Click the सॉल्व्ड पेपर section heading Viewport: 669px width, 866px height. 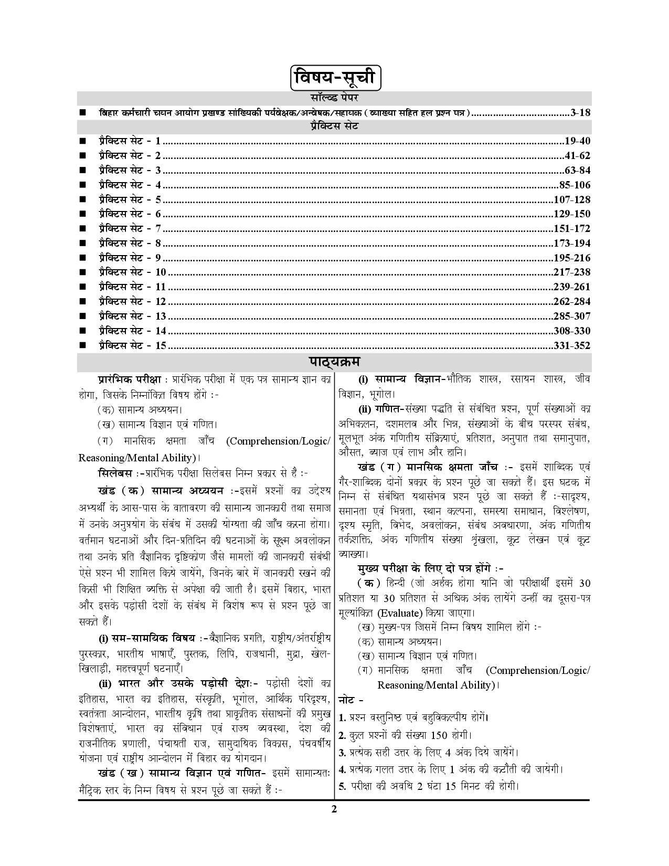point(334,98)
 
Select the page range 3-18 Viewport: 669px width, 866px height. point(580,112)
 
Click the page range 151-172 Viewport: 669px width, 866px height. point(572,229)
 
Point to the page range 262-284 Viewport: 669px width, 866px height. point(572,302)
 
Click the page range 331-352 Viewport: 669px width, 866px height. point(572,346)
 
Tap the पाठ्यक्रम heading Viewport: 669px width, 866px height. point(334,363)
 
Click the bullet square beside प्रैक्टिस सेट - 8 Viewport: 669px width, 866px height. point(82,244)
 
